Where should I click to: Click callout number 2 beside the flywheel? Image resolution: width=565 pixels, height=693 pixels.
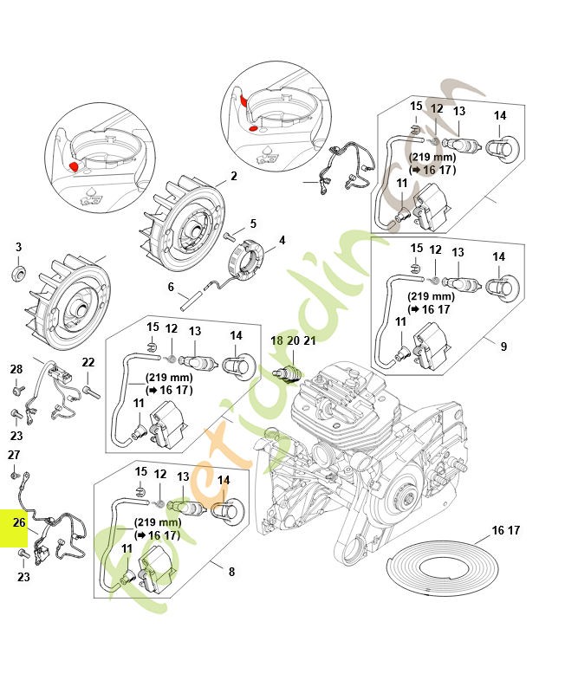click(x=233, y=177)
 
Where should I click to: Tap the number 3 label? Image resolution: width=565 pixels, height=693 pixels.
click(x=18, y=248)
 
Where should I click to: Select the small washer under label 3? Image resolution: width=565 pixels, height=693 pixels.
click(x=18, y=275)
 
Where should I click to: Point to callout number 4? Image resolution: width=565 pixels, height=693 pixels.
click(x=281, y=240)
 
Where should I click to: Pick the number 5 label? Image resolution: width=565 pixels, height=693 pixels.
click(x=171, y=287)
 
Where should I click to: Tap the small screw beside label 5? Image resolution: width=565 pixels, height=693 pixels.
click(x=230, y=234)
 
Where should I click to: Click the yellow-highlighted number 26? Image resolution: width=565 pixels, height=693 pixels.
click(x=18, y=522)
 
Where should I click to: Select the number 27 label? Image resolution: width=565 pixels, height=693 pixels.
click(x=14, y=455)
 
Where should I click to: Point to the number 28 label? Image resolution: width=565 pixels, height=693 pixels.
click(x=16, y=370)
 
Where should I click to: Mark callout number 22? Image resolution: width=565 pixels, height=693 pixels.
click(x=88, y=362)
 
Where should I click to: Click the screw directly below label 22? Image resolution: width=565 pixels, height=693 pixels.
click(x=90, y=392)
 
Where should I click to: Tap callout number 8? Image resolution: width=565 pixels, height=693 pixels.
click(x=231, y=572)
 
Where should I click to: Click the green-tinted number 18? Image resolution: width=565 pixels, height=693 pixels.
click(x=276, y=341)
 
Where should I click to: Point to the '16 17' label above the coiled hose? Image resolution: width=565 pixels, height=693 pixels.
click(x=505, y=530)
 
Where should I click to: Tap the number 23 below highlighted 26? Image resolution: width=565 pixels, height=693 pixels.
click(x=23, y=576)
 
